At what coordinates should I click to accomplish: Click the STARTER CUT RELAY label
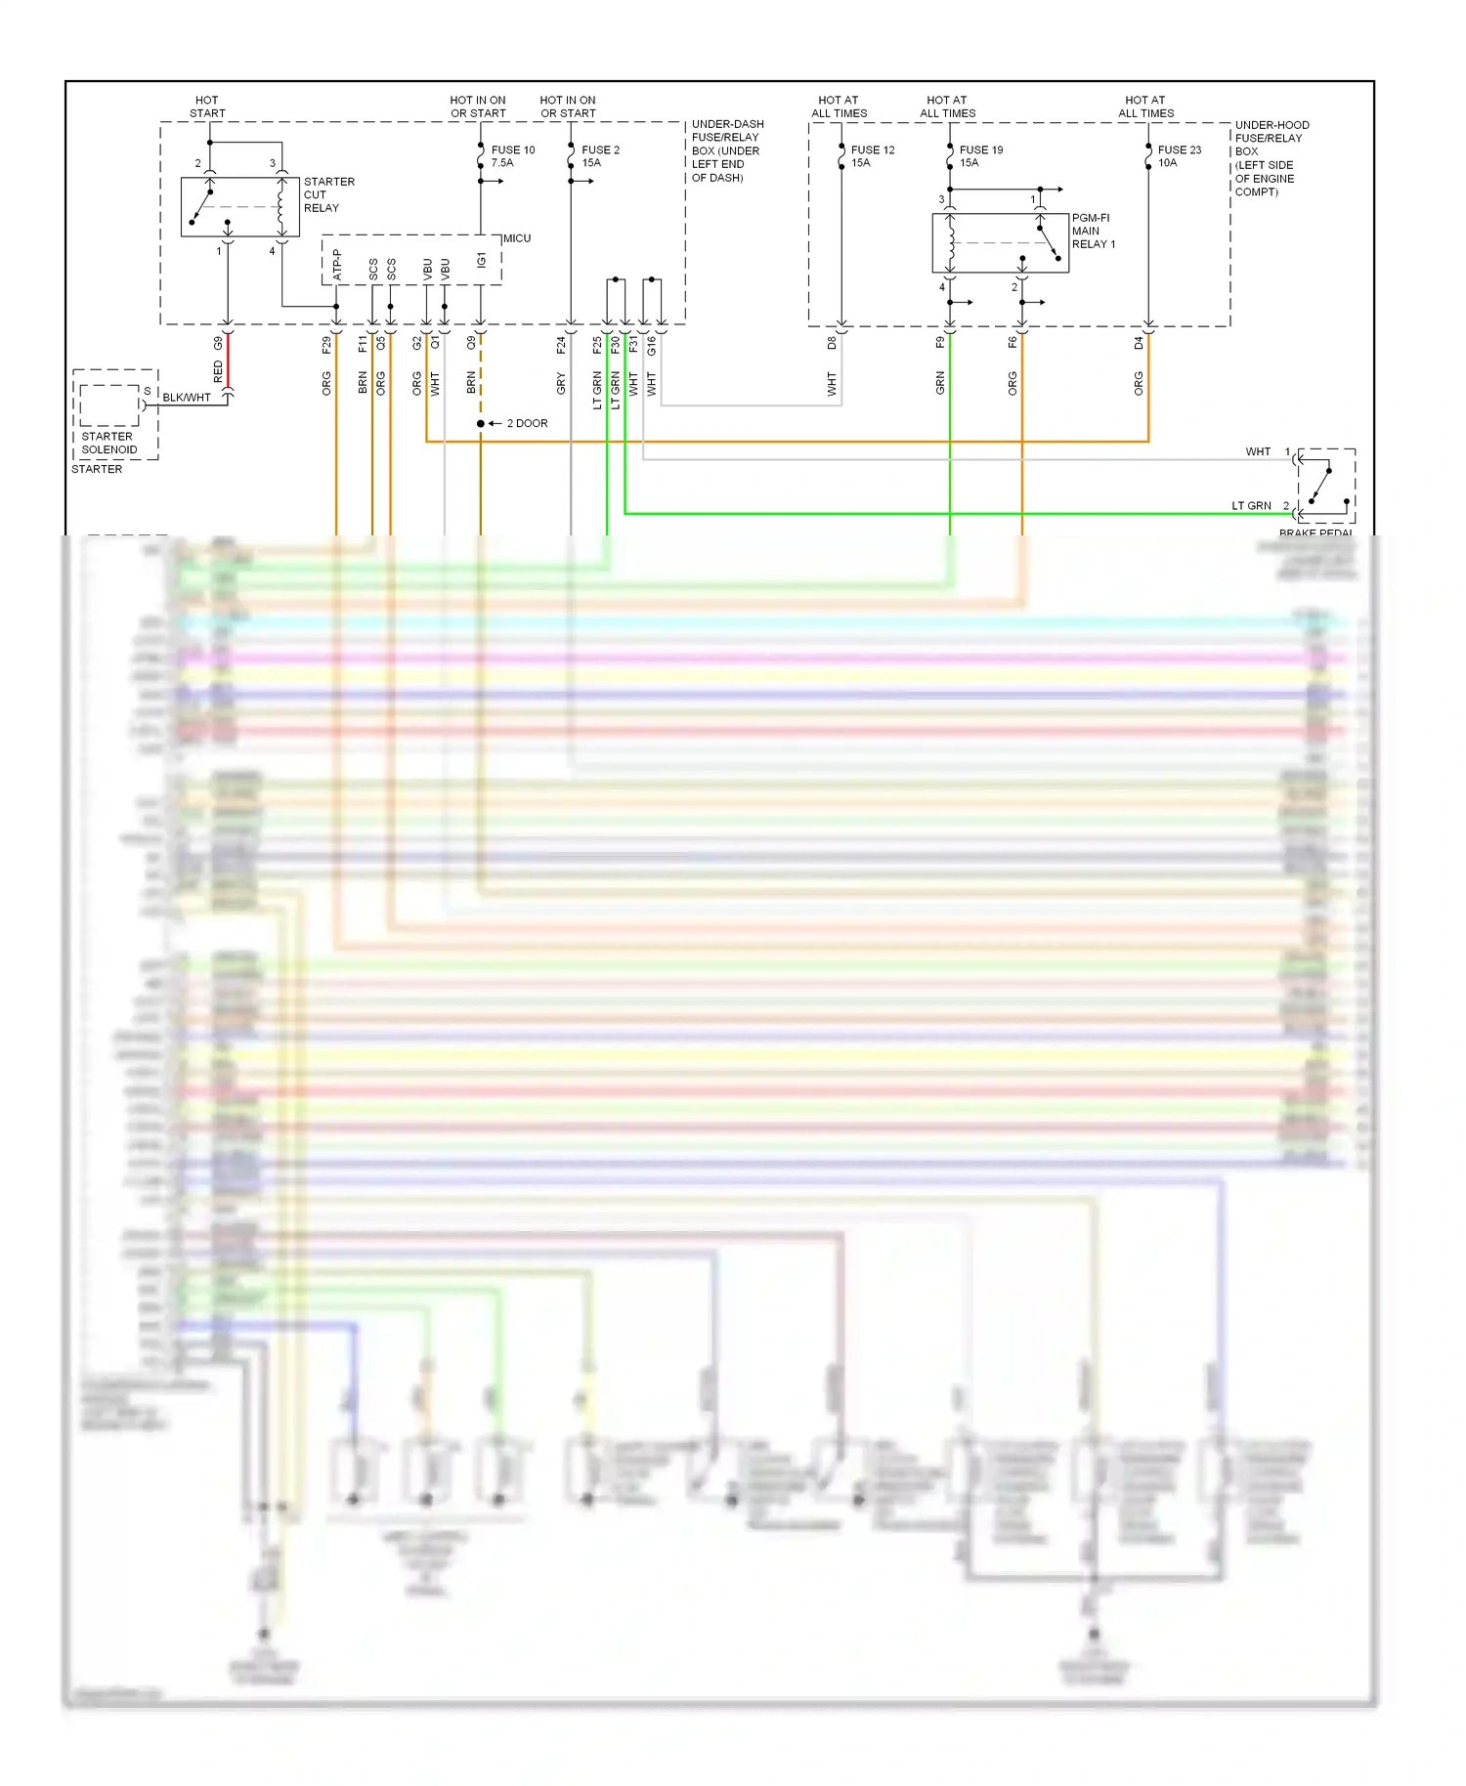point(328,194)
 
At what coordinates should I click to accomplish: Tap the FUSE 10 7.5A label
point(512,156)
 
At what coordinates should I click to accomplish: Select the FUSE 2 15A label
point(600,156)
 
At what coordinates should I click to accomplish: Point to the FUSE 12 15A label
point(872,156)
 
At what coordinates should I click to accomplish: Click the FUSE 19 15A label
point(980,156)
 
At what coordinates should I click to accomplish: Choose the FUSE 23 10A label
point(1179,156)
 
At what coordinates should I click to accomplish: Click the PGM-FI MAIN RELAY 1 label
point(1093,232)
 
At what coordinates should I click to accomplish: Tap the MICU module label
point(517,238)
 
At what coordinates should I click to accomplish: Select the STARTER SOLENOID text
point(108,444)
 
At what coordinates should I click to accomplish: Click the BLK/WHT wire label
point(187,398)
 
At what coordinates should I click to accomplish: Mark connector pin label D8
point(832,343)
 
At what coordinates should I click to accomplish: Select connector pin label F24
point(561,344)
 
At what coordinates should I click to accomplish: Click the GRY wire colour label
point(561,383)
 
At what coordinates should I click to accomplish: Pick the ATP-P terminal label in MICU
point(337,265)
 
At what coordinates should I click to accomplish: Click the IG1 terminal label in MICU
point(481,260)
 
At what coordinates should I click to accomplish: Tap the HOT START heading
point(207,106)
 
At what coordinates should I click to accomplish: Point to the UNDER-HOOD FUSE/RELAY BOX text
point(1271,158)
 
